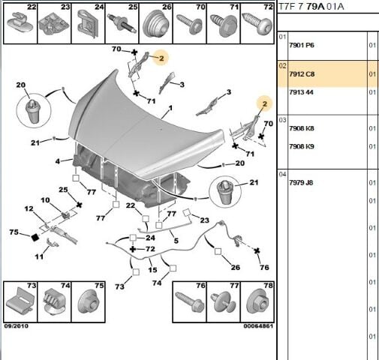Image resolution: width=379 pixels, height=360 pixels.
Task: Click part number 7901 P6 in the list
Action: tap(302, 46)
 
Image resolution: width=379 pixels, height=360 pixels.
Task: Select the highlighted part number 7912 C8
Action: tap(302, 74)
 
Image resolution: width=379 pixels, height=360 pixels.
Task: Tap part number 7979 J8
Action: tap(301, 183)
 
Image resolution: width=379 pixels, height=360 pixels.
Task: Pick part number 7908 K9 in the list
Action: tap(302, 146)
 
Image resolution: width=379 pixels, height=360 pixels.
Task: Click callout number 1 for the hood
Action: tap(170, 109)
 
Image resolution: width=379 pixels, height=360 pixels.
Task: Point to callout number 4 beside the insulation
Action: tap(58, 161)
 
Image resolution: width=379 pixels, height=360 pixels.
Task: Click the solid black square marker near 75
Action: tap(35, 237)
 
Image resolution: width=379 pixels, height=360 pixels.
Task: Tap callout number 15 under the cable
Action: tap(152, 270)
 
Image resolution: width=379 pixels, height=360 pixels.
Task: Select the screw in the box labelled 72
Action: tap(257, 25)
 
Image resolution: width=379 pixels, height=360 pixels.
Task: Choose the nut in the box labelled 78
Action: tap(258, 302)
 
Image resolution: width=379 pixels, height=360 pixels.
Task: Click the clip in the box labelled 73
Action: tap(20, 301)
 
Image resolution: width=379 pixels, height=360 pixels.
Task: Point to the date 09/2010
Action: tap(17, 326)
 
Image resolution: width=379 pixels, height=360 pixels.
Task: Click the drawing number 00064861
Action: tap(258, 326)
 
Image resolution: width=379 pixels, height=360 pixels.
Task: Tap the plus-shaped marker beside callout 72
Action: tap(133, 249)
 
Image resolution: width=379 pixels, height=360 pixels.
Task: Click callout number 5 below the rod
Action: tap(176, 241)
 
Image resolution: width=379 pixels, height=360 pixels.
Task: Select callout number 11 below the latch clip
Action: tap(39, 256)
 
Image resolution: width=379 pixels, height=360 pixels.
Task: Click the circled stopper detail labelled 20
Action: tap(34, 111)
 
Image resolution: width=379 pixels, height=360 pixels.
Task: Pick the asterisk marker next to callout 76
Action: tap(257, 250)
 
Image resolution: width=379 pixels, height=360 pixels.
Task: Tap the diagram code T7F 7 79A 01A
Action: tap(311, 7)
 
